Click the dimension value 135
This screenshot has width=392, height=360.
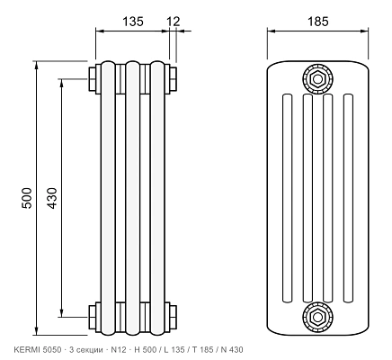[x=133, y=22]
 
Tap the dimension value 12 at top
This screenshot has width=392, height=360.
[x=174, y=22]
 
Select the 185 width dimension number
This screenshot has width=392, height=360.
[x=318, y=22]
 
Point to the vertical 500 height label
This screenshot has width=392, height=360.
[x=26, y=198]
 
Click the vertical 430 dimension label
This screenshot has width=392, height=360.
[x=52, y=198]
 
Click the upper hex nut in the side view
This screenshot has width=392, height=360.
[x=317, y=79]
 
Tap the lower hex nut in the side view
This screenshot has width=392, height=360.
[x=317, y=317]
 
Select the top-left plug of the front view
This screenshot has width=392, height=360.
[x=93, y=79]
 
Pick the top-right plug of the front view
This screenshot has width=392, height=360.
[x=173, y=79]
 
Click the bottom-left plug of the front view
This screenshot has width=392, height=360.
[x=93, y=317]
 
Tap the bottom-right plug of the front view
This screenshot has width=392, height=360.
[x=173, y=317]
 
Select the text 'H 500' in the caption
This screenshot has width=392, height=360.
[x=146, y=349]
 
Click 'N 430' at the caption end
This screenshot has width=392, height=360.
[x=232, y=349]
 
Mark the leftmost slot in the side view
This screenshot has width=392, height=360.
[x=287, y=198]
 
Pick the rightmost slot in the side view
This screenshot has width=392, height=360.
[x=348, y=198]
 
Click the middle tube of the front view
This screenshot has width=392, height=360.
[x=133, y=198]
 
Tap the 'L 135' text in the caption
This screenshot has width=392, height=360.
[x=174, y=349]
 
